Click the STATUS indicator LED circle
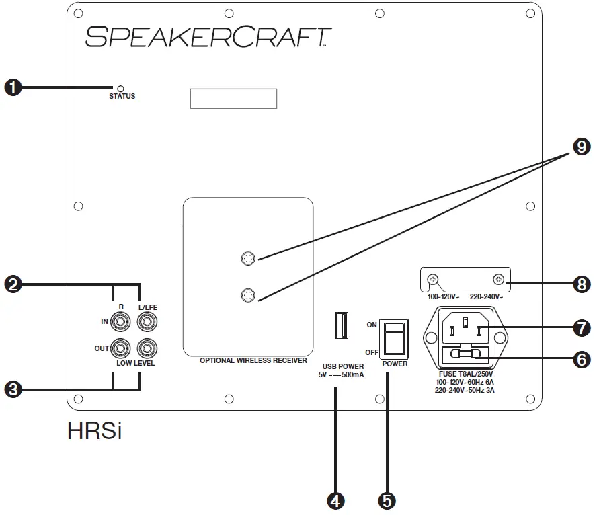tap(121, 88)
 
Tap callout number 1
tap(13, 87)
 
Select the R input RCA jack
tap(121, 323)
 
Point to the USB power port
tap(340, 326)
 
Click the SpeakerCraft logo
tap(208, 36)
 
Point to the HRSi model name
tap(94, 430)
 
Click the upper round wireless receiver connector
tap(248, 258)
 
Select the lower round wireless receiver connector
tap(248, 294)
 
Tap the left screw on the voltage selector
tap(435, 279)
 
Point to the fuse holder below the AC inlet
tap(464, 354)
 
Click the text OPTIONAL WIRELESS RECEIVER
tap(253, 360)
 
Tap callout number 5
tap(387, 500)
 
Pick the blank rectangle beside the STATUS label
tap(234, 98)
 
